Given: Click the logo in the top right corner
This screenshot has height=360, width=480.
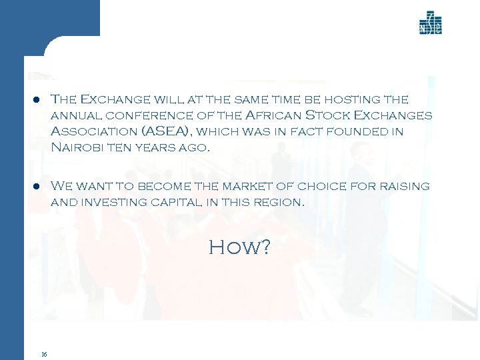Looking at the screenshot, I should [x=430, y=23].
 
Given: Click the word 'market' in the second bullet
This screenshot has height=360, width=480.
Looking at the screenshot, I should [x=230, y=185].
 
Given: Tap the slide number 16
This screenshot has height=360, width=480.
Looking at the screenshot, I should [x=43, y=353].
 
